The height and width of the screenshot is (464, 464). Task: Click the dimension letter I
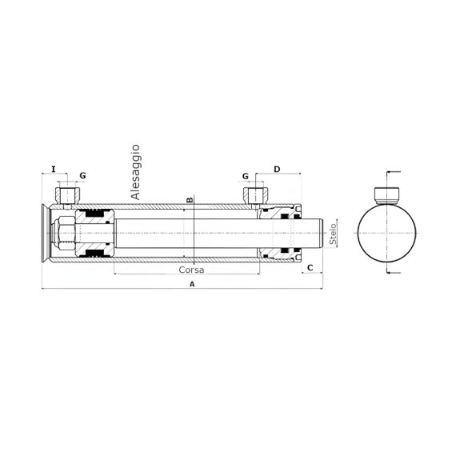[54, 170]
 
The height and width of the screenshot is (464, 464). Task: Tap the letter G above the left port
[83, 175]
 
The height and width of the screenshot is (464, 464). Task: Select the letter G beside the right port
[246, 176]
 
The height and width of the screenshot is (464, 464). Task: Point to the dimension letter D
[277, 170]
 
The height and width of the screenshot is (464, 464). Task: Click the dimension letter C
[310, 268]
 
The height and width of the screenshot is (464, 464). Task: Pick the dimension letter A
[192, 284]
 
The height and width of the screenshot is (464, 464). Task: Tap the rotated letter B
[190, 200]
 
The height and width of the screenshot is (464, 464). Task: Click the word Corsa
[191, 270]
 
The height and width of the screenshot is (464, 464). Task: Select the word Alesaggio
[135, 172]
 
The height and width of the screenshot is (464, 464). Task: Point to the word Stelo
[333, 234]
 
